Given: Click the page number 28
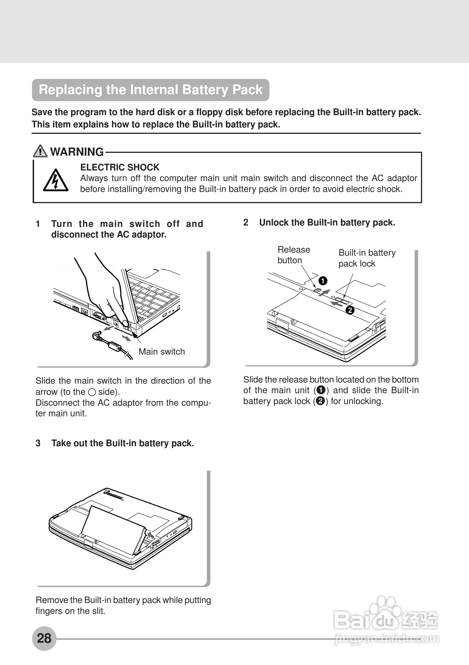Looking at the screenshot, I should (44, 638).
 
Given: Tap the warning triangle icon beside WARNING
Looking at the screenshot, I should (40, 151).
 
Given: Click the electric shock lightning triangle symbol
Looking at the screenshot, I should (56, 181).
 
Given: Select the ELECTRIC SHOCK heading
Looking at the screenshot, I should (120, 167).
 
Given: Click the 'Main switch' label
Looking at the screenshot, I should (161, 351).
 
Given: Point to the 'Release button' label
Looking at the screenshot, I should (293, 255).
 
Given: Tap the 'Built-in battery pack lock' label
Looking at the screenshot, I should (367, 258).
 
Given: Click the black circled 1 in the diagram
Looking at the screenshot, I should (323, 281).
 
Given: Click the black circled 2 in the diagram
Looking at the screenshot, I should (350, 310).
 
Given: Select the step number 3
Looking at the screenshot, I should (38, 443).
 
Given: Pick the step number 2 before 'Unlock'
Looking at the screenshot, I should (246, 222).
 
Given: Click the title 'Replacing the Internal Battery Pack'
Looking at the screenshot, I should (150, 90).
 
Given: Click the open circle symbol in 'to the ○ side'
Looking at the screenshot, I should (92, 392).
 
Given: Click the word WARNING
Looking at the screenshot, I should (77, 152).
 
